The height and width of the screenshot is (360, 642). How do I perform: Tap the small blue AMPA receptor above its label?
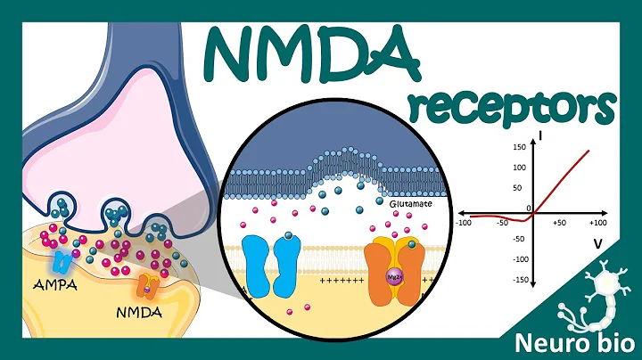point(62,260)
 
